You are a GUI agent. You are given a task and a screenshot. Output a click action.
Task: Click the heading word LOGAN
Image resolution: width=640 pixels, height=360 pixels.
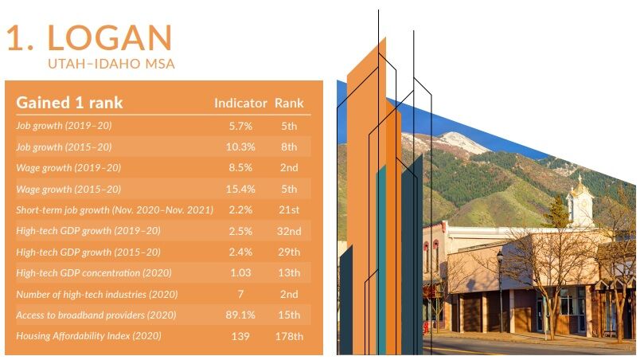(110, 37)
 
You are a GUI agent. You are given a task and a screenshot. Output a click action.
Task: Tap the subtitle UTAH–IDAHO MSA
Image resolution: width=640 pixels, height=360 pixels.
(111, 62)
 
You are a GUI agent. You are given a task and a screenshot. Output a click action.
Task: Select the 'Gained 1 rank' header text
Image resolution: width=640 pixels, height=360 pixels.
(70, 103)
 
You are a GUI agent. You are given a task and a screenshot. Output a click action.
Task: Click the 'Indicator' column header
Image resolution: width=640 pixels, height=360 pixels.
(240, 104)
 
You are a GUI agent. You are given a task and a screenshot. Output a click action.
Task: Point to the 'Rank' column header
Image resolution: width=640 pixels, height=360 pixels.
(289, 104)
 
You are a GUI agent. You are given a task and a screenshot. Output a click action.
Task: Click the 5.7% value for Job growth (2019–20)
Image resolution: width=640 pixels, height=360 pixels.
(240, 126)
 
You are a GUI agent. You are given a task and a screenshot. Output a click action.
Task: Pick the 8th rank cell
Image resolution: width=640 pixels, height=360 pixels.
(289, 147)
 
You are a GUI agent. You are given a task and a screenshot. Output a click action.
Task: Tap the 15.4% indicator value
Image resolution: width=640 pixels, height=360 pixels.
(240, 189)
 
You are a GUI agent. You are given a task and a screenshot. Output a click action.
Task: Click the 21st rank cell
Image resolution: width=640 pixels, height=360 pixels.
(289, 209)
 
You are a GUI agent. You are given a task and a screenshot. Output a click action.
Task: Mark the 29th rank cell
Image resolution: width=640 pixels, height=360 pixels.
(289, 252)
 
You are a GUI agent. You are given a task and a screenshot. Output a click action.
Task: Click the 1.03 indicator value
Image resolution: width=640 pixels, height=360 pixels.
(240, 273)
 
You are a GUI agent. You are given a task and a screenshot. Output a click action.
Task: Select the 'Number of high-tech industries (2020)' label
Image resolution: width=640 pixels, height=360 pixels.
(96, 294)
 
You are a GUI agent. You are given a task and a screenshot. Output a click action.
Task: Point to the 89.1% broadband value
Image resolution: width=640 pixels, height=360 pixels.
(240, 315)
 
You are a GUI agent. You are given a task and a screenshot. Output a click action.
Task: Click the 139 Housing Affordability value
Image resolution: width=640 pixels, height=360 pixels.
(240, 336)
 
